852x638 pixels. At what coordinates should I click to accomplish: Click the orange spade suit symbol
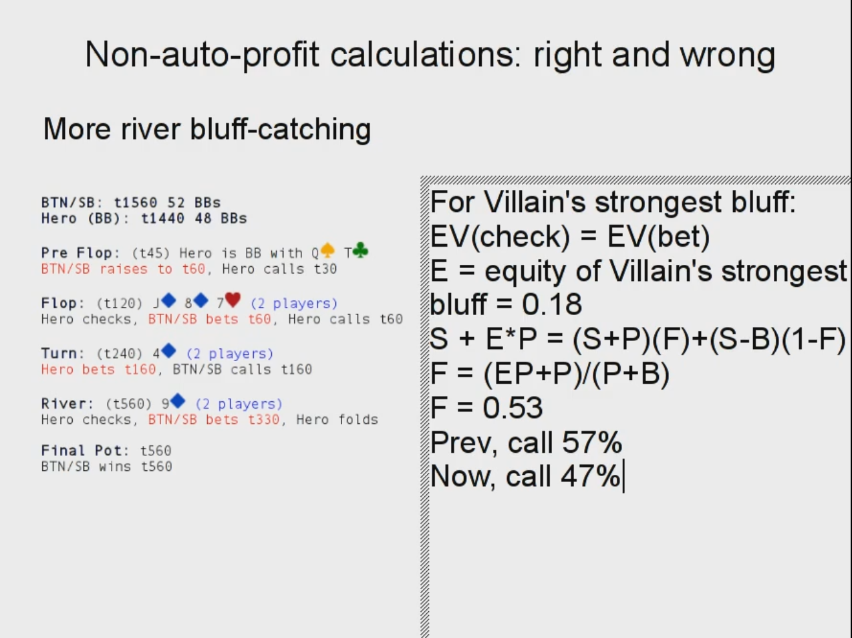point(327,251)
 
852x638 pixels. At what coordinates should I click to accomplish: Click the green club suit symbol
point(361,251)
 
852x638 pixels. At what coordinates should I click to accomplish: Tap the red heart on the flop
point(233,300)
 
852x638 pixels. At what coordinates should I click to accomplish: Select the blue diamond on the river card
point(178,401)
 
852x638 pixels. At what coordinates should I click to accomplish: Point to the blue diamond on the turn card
point(168,350)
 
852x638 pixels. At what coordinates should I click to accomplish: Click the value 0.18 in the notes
point(551,304)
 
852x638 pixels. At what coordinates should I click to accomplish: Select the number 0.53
point(513,408)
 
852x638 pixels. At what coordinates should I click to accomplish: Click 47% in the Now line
point(591,476)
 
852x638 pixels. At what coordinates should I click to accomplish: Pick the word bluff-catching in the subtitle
point(280,129)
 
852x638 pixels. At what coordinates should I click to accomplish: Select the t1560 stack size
point(136,203)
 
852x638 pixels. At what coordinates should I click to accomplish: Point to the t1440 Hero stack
point(162,218)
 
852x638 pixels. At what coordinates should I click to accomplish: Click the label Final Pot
point(85,451)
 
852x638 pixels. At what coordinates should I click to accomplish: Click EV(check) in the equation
point(500,237)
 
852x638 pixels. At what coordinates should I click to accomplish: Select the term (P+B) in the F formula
point(630,374)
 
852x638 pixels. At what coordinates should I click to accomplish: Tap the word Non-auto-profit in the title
point(202,55)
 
